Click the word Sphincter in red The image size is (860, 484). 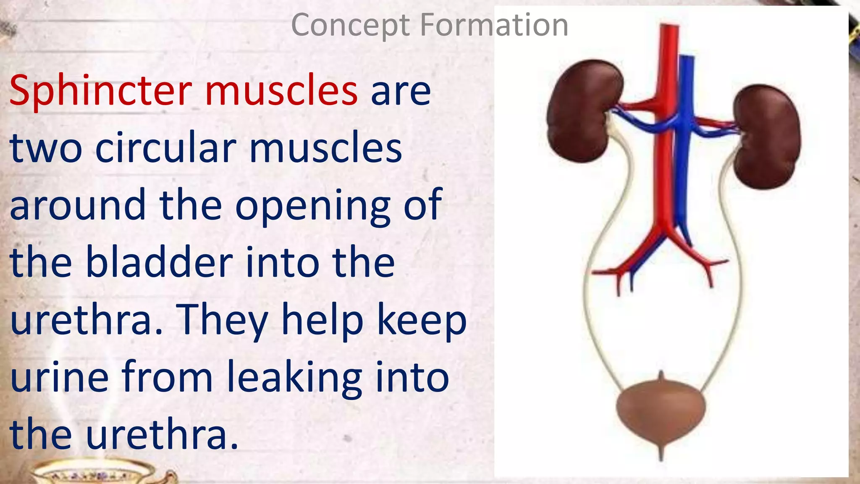tap(101, 90)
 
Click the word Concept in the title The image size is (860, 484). tap(350, 25)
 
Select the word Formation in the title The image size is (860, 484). tap(494, 25)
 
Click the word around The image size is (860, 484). tap(78, 206)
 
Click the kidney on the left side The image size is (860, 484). tap(582, 111)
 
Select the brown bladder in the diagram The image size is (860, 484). tap(661, 410)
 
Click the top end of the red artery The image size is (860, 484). tap(669, 29)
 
